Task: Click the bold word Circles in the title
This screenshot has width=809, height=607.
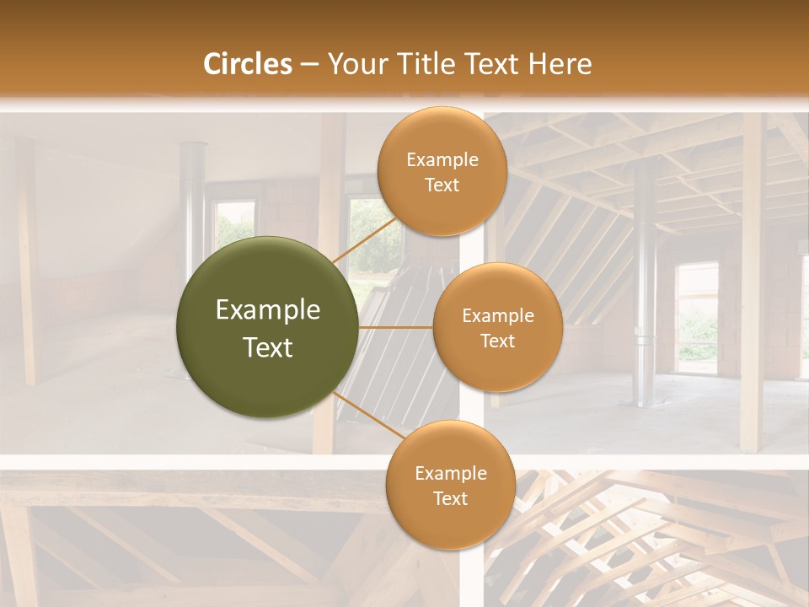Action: [248, 64]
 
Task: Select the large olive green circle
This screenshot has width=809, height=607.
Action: [268, 327]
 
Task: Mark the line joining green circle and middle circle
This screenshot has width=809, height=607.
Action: [396, 327]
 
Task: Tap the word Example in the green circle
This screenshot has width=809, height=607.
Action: [268, 310]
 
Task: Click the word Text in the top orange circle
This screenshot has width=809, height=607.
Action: [442, 185]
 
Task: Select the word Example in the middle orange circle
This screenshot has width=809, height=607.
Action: [498, 316]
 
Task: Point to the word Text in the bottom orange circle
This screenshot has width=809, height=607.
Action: [450, 498]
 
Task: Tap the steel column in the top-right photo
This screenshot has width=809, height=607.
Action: [646, 278]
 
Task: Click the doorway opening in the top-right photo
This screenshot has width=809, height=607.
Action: [697, 316]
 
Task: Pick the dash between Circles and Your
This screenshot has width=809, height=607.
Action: [308, 64]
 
